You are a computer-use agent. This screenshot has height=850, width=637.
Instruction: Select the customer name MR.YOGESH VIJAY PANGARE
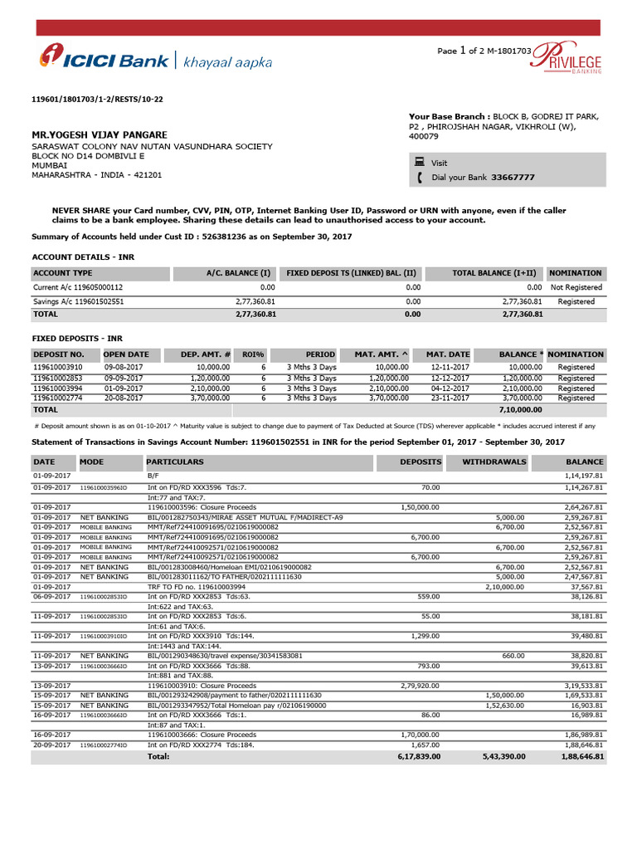pos(99,134)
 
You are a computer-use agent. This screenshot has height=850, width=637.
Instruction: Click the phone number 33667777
pos(513,178)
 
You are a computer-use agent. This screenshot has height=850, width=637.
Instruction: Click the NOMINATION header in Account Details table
pos(576,272)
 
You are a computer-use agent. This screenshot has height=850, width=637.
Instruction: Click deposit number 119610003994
pos(57,388)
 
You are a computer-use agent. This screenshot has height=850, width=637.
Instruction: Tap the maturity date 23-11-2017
pos(450,398)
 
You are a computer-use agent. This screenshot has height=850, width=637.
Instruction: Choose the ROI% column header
pos(253,354)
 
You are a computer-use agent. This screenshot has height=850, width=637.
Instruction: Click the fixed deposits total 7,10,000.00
pos(520,409)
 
